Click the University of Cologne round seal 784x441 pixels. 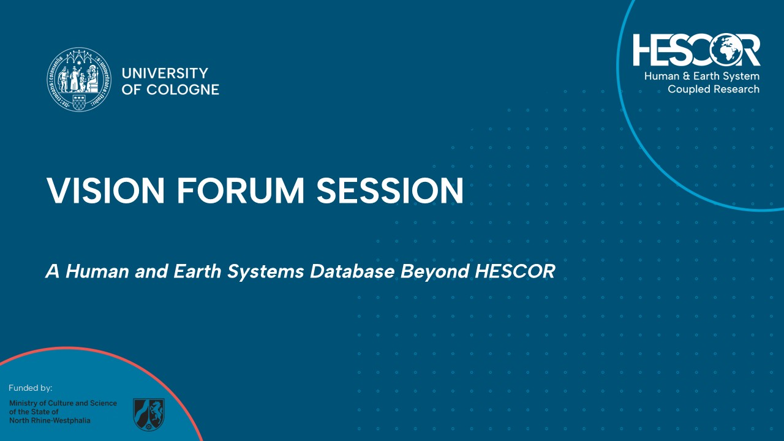79,80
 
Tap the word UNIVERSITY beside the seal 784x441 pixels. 165,73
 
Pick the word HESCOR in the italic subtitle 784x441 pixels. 514,271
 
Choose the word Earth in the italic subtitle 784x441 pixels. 198,271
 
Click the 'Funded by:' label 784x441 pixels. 31,388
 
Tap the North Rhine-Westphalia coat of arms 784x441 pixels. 149,415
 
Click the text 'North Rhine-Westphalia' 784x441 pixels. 50,421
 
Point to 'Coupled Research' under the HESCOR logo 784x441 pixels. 714,89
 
